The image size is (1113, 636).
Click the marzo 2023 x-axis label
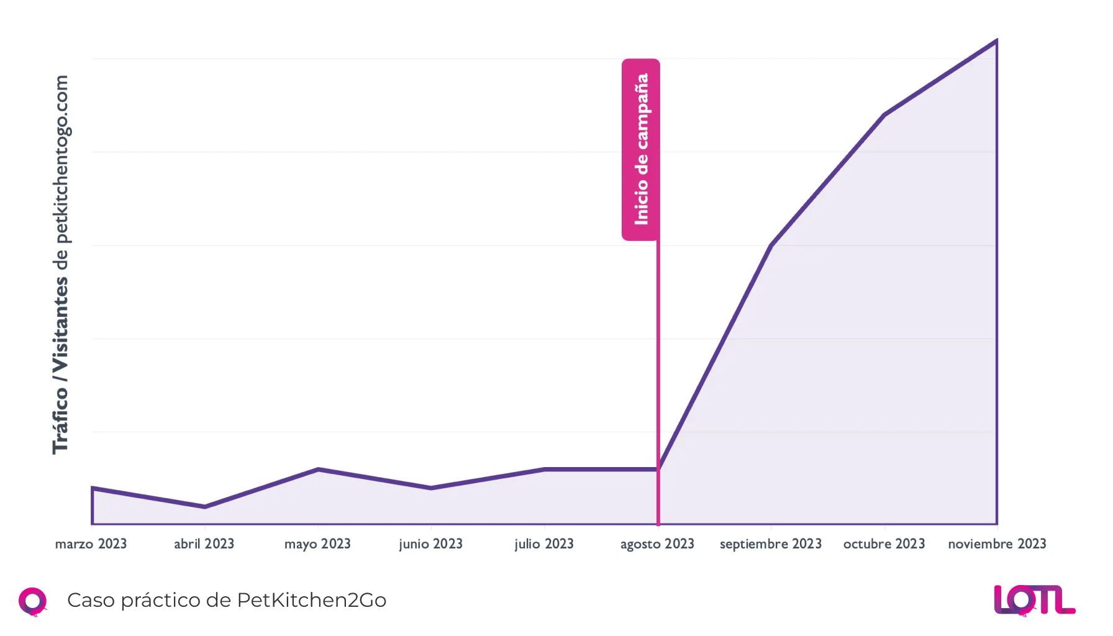[x=91, y=544]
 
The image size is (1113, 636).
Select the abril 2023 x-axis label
[x=204, y=544]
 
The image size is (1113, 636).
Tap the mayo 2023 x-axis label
[x=317, y=544]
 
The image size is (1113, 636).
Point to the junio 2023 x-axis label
[x=430, y=544]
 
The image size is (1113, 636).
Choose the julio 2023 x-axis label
[x=544, y=544]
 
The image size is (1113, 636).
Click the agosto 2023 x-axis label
[x=657, y=544]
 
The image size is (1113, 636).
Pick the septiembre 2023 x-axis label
[x=771, y=544]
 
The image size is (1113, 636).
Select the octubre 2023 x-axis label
[x=884, y=544]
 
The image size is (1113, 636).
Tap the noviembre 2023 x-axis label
[x=997, y=544]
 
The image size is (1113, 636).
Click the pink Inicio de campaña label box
[x=641, y=149]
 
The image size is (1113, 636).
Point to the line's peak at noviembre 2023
[x=996, y=41]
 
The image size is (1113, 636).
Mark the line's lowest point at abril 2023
[x=204, y=507]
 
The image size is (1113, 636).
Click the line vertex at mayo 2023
[x=318, y=469]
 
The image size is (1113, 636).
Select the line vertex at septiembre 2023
[x=771, y=245]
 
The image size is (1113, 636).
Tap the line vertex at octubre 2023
[x=884, y=115]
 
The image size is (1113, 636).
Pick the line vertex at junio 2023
[x=431, y=488]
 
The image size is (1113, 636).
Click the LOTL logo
[x=1034, y=600]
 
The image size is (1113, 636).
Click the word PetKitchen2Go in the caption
[x=311, y=600]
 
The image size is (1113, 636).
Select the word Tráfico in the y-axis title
[x=60, y=420]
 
